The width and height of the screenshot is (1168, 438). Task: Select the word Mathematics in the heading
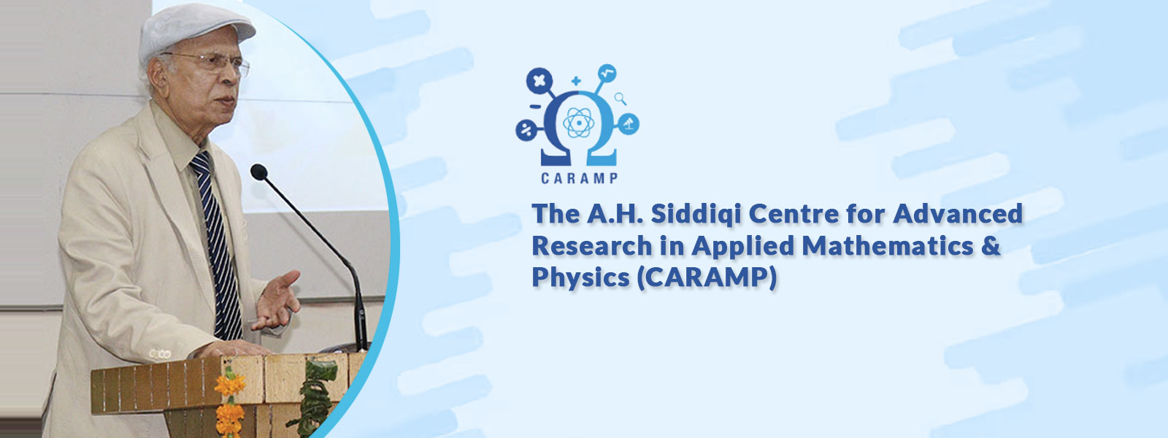coord(887,245)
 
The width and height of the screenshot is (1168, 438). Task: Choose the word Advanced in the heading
coord(958,214)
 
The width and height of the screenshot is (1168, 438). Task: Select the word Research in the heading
coord(592,245)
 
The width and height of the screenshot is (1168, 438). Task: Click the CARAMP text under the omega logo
coord(580,178)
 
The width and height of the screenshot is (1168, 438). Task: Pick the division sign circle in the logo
coord(526,130)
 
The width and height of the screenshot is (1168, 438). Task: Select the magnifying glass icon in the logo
coord(620,98)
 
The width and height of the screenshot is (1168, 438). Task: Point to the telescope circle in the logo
coord(629,123)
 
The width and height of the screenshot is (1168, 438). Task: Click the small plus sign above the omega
coord(576,81)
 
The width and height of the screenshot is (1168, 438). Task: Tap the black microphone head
coord(259,172)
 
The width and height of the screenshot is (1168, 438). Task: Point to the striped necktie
coord(217,245)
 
